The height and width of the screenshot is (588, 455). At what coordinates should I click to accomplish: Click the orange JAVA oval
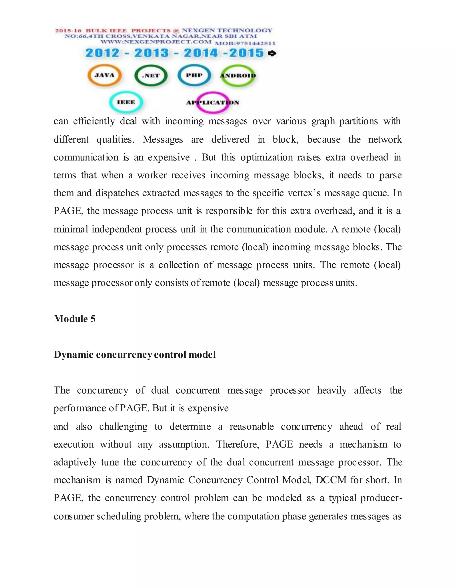point(105,75)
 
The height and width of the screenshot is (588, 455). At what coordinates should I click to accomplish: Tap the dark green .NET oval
point(151,76)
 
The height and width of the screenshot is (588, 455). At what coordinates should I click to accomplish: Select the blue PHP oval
point(194,75)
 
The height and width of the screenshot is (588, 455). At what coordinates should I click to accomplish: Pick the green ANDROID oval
point(238,76)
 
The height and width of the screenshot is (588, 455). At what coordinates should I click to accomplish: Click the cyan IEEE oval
point(126,102)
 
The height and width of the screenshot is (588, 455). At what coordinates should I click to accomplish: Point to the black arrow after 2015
point(272,53)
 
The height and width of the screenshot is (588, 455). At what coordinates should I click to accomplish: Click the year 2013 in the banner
point(152,53)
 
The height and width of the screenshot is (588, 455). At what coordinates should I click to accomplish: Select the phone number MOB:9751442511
point(245,43)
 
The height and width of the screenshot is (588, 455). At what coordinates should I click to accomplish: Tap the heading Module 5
point(75,319)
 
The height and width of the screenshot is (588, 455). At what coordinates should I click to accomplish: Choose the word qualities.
point(115,140)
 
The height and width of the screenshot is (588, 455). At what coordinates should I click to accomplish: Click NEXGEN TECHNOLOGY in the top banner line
point(227,30)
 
